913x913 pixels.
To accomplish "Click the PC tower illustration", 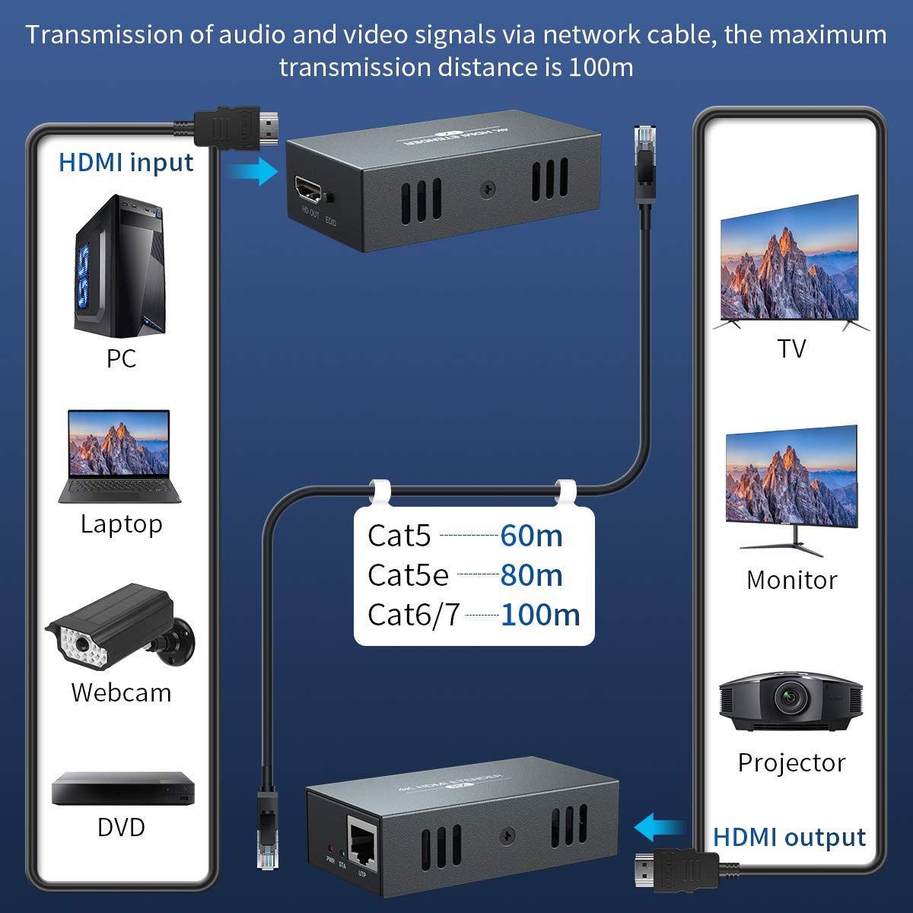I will (x=119, y=266).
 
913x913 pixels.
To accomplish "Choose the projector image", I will (x=791, y=701).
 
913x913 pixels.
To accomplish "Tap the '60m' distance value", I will (x=531, y=536).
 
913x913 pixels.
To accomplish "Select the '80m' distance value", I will (x=531, y=575).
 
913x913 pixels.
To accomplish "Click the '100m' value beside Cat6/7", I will (x=540, y=615).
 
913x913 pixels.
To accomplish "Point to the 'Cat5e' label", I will (x=408, y=575).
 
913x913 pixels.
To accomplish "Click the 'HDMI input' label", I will (x=126, y=162).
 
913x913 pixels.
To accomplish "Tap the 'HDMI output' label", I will (x=789, y=837).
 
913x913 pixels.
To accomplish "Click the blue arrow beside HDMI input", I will (x=254, y=170).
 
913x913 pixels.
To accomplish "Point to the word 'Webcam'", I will (x=121, y=692).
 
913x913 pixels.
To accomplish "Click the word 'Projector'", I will (x=791, y=762).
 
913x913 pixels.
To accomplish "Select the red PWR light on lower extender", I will (x=329, y=848).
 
